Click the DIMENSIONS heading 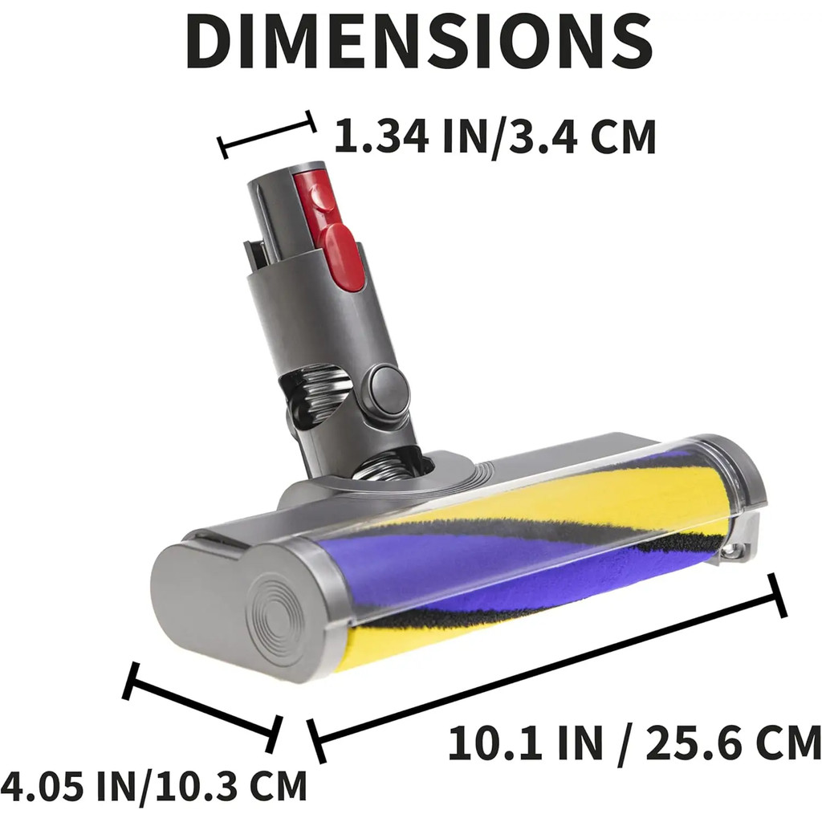coord(419,40)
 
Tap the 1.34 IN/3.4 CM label coord(494,136)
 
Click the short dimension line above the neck coord(267,135)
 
